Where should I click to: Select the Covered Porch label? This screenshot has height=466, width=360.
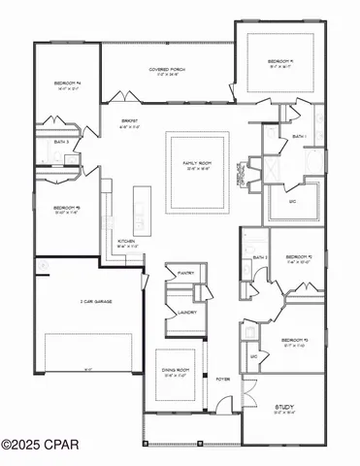(168, 70)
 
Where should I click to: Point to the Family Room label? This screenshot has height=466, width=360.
(198, 163)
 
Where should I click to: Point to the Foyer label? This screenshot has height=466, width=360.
(222, 379)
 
